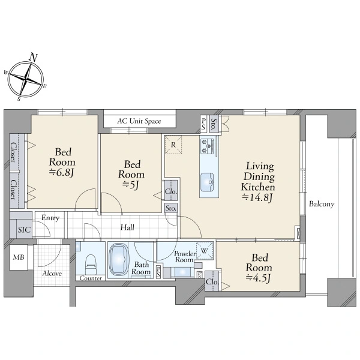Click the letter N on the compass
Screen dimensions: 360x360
pos(34,57)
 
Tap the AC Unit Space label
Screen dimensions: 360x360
pos(139,121)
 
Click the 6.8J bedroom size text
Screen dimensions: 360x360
pos(62,172)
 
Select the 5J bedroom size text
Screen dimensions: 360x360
pos(131,185)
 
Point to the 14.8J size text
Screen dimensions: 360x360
pos(257,197)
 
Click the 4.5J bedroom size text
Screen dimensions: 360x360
pos(259,278)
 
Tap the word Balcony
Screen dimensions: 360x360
pos(322,204)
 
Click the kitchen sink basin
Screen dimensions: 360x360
pos(207,182)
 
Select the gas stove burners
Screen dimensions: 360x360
pos(206,146)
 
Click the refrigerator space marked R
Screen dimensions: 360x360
pos(173,145)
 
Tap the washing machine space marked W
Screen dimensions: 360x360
pos(205,251)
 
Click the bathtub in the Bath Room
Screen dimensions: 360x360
pos(118,259)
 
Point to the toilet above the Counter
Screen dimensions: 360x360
pos(91,264)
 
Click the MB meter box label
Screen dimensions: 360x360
pos(19,257)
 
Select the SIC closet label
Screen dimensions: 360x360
pos(25,230)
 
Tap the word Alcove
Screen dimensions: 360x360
pos(52,274)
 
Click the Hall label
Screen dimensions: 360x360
pos(127,227)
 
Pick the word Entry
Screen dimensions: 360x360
pos(50,218)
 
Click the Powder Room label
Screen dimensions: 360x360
pos(184,257)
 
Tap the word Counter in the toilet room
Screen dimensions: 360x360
pos(91,278)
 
